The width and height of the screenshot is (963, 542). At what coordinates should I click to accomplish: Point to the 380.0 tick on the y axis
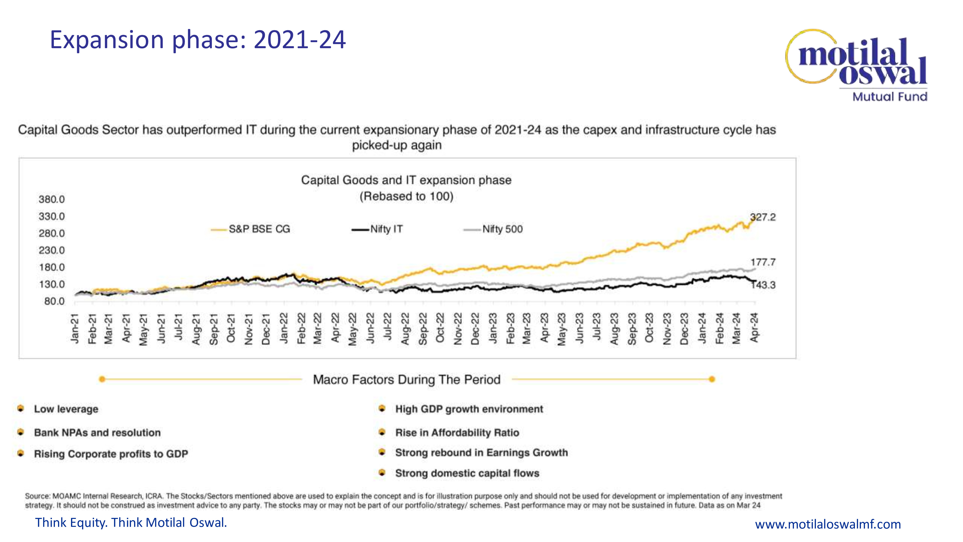coord(52,199)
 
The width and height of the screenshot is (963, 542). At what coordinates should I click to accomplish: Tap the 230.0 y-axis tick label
coord(52,250)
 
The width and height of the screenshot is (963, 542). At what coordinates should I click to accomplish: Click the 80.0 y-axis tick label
coord(54,301)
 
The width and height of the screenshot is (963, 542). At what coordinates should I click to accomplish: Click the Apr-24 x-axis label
coord(755,328)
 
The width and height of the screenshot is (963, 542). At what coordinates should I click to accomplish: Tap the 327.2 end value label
coord(763,217)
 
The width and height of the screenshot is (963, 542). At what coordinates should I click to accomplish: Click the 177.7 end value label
coord(763,262)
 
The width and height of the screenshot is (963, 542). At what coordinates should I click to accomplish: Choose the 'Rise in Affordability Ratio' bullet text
coord(457,433)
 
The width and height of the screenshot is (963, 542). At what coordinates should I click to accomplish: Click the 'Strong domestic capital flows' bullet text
coord(467,473)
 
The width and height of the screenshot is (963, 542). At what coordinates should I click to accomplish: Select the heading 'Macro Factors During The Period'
coord(406,380)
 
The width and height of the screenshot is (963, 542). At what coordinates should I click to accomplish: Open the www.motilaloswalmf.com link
coord(828,524)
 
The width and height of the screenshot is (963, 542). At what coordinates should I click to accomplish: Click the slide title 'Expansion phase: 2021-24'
coord(198,40)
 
